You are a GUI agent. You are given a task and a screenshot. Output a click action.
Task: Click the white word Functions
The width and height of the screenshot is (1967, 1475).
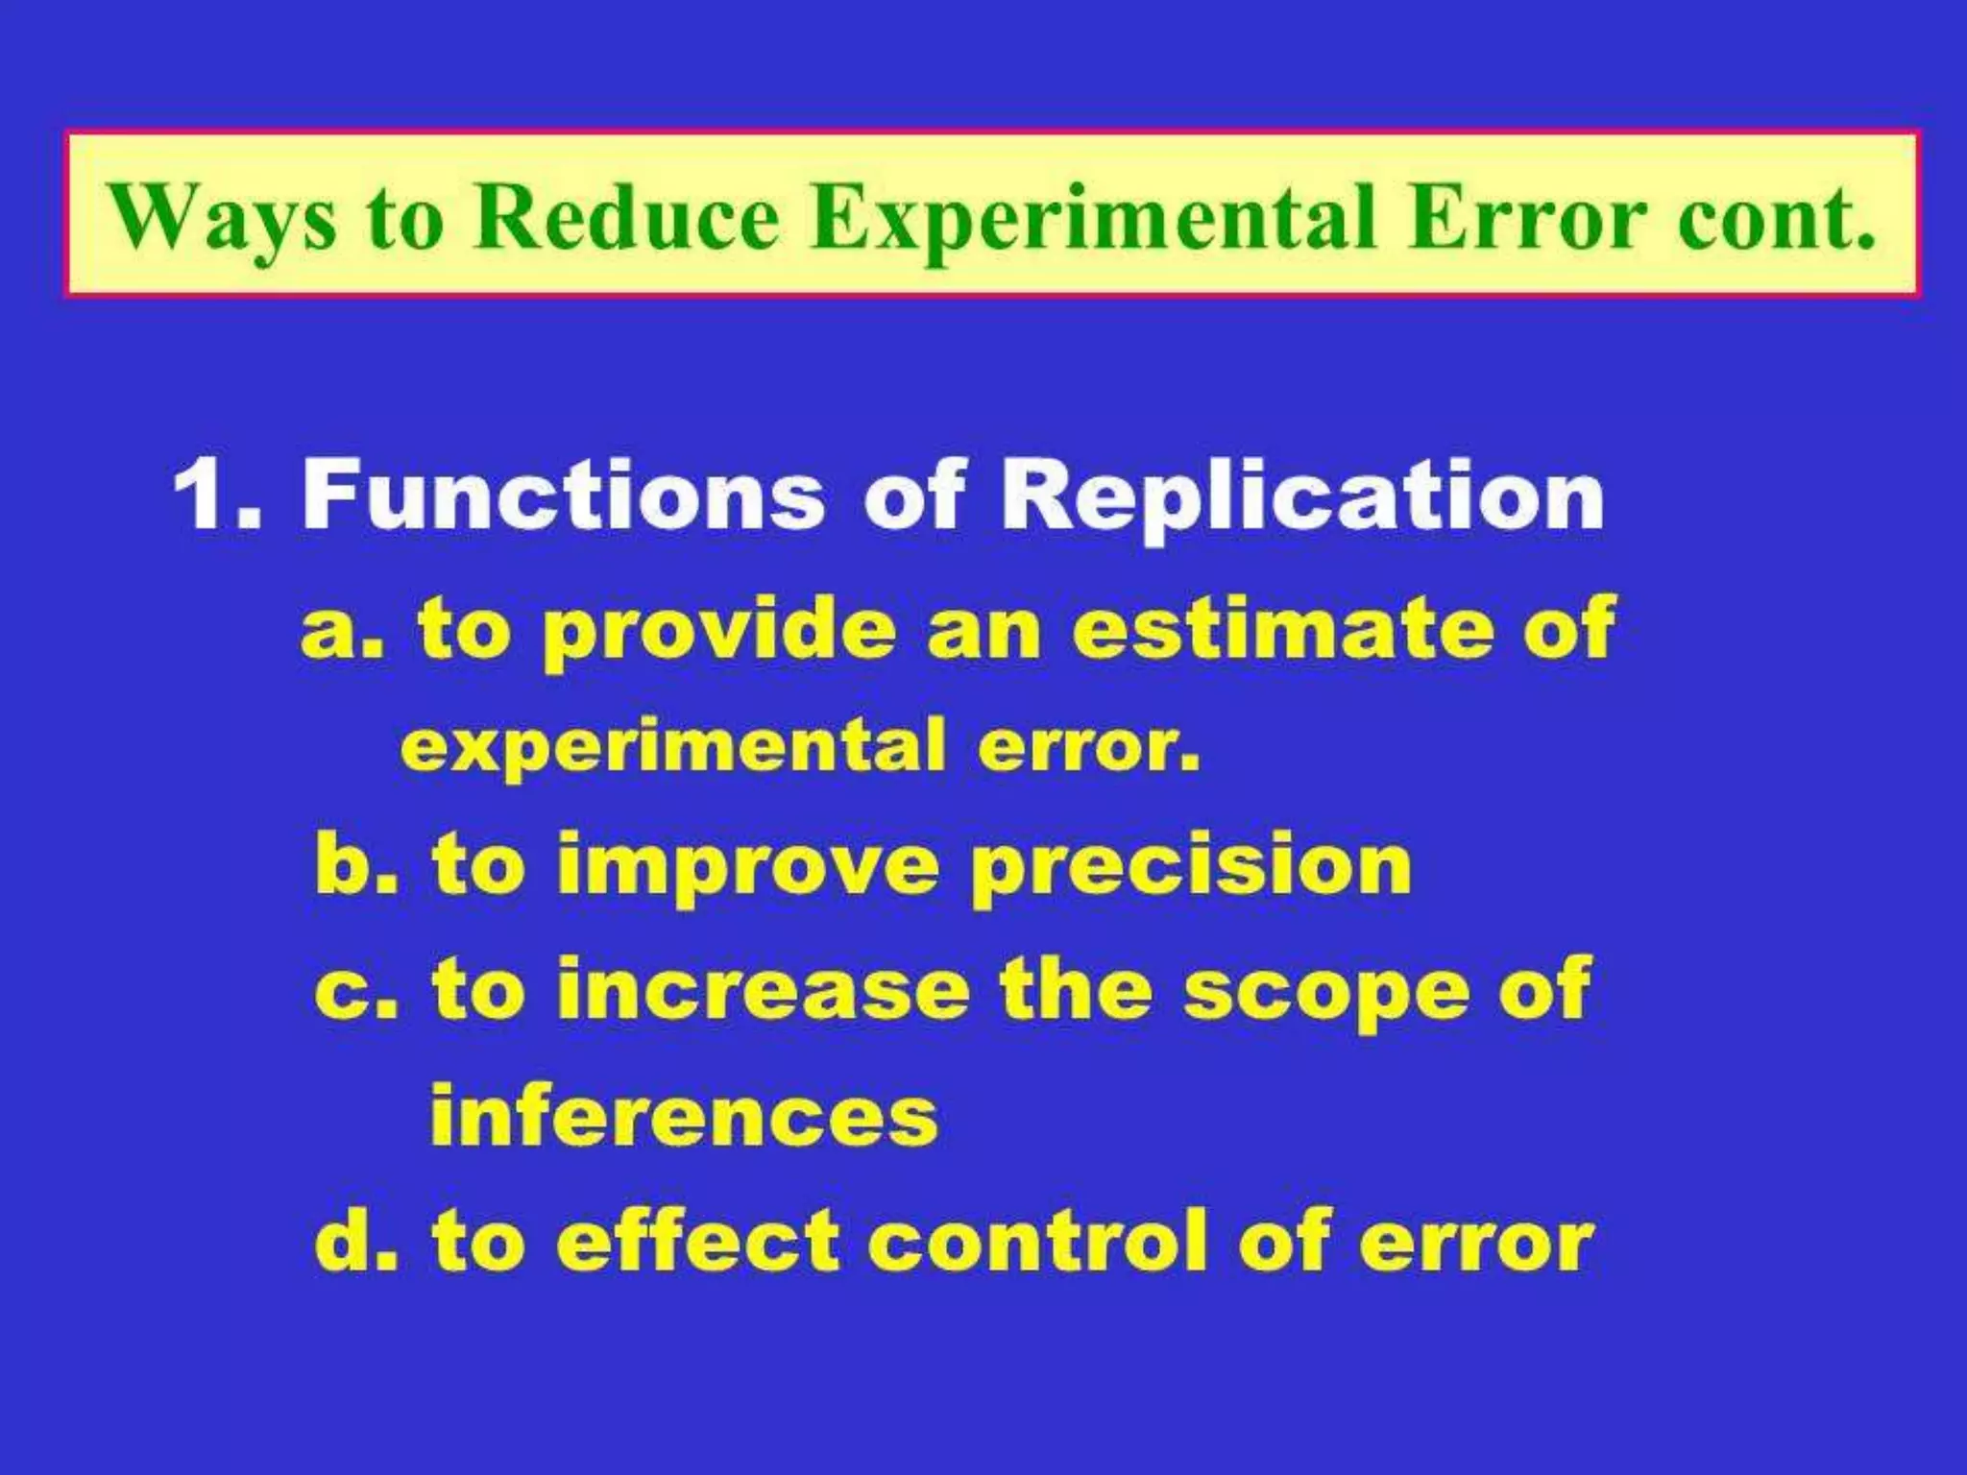563,496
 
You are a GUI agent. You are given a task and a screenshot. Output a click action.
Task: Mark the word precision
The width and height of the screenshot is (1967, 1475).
1190,867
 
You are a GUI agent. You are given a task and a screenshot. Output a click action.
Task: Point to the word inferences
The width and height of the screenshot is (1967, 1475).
684,1116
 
